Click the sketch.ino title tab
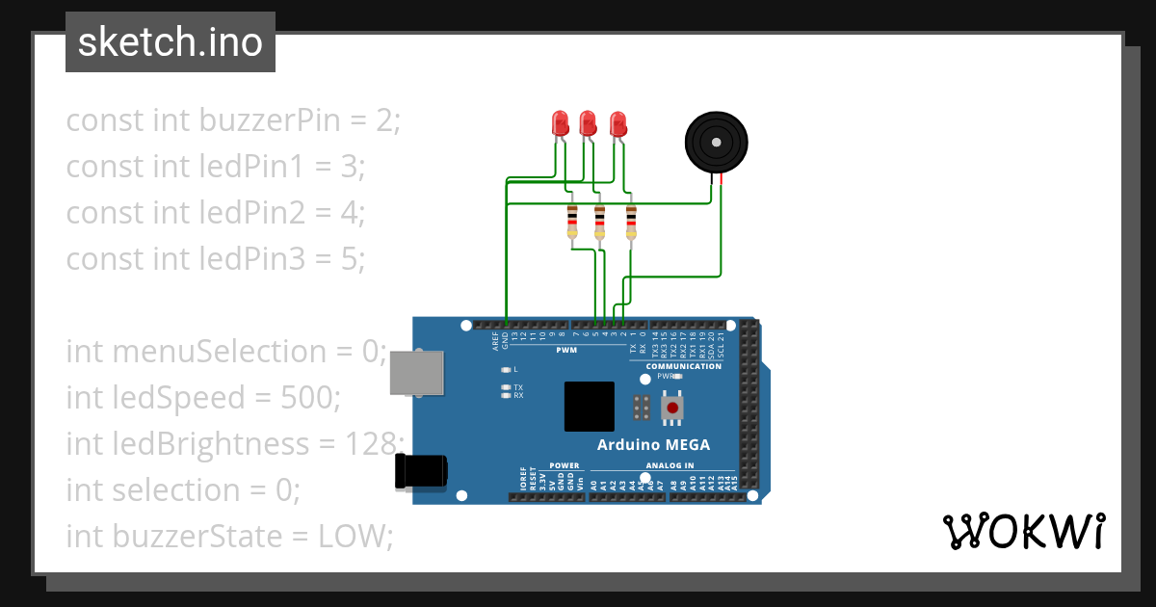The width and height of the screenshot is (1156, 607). coord(171,42)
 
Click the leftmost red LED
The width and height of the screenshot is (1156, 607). coord(560,123)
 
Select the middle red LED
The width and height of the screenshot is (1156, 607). coord(588,123)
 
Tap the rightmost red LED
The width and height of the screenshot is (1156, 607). coord(618,123)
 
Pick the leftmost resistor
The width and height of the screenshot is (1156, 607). coord(572,222)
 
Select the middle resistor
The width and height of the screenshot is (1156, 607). coord(599,222)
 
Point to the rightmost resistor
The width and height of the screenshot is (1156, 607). coord(631,222)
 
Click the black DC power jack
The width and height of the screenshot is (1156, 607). coord(421,471)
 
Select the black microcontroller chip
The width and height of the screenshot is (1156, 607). coord(590,406)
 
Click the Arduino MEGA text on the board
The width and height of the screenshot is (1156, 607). coord(653,445)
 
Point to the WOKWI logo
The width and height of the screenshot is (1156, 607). coord(1022,531)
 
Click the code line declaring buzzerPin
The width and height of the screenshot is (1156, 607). coord(232,120)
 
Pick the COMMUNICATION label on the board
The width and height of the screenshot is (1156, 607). coord(683,366)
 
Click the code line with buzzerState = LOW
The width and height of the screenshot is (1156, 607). coord(229,536)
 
